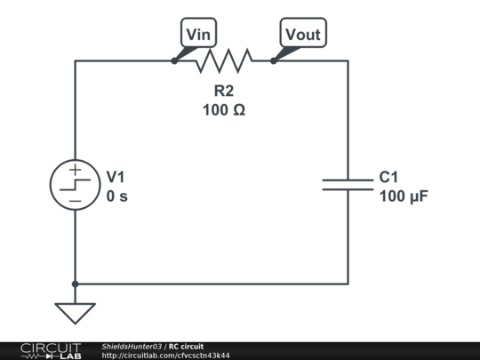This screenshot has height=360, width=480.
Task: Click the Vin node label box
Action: (199, 33)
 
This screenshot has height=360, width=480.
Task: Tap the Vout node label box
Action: (303, 33)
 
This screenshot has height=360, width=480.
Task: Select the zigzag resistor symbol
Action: (224, 60)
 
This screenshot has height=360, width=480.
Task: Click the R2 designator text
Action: (224, 91)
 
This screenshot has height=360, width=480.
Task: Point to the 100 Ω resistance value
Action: (224, 110)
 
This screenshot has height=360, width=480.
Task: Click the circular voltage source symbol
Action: (75, 185)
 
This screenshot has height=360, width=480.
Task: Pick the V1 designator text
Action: (116, 177)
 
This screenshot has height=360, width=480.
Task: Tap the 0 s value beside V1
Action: (117, 196)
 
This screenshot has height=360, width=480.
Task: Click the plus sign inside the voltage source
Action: (75, 169)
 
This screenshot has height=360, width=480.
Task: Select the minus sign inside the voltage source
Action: (76, 201)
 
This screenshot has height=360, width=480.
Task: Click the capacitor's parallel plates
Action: (348, 185)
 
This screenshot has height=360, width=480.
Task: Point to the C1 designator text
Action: (388, 177)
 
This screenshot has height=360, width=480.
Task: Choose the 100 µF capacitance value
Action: (404, 196)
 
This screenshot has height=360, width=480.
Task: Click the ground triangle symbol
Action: (75, 313)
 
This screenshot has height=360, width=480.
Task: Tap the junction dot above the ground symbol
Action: (75, 284)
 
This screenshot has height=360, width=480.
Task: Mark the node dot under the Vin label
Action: (174, 61)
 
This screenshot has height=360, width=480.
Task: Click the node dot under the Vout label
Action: (274, 61)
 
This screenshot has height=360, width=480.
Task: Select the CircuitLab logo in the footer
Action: (51, 351)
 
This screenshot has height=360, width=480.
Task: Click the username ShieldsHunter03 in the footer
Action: (132, 347)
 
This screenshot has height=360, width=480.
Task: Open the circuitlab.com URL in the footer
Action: (165, 356)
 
